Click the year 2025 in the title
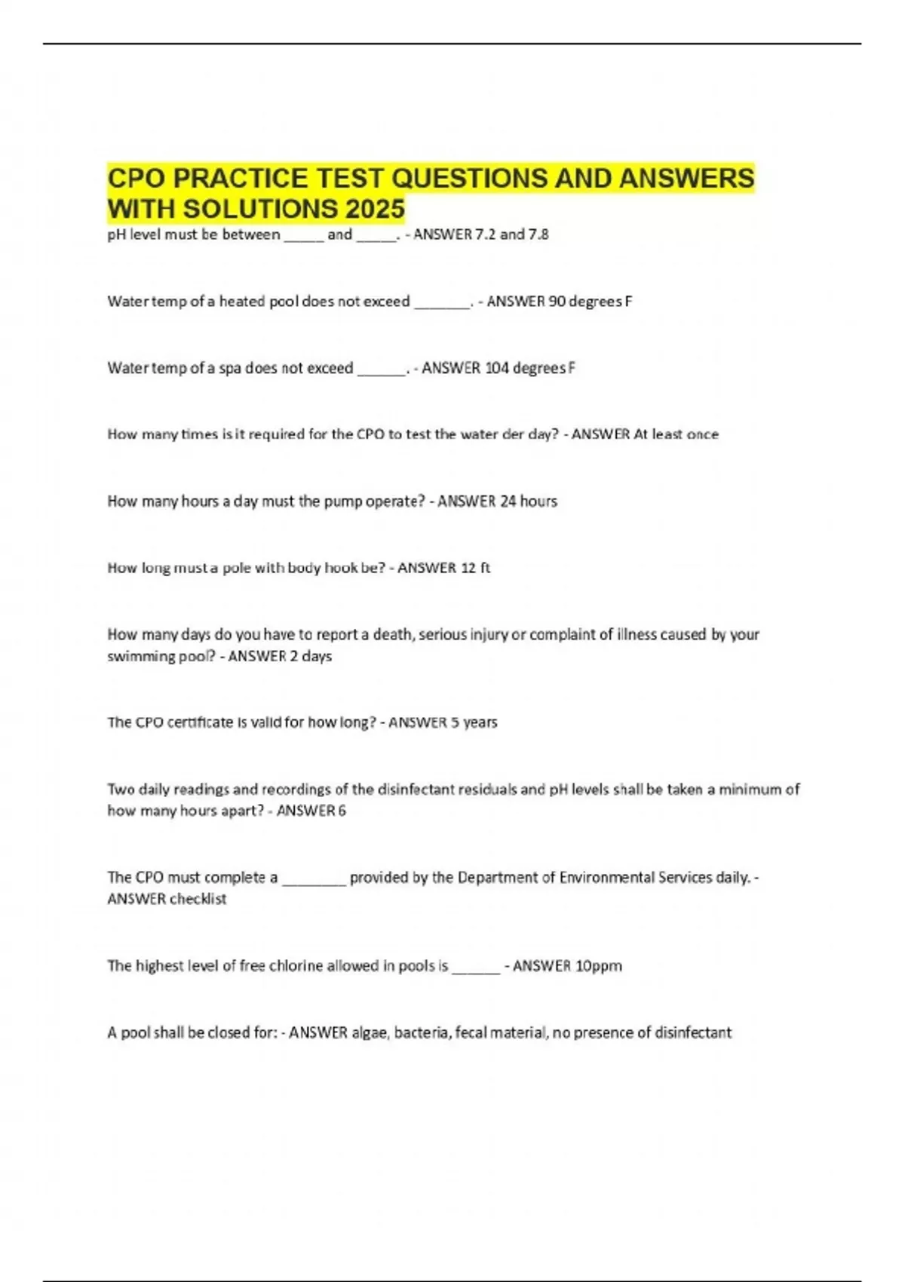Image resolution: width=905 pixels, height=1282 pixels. [375, 209]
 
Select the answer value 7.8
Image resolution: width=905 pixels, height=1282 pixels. [538, 235]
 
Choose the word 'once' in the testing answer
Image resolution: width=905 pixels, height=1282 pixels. [703, 434]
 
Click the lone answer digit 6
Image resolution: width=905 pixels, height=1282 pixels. [342, 811]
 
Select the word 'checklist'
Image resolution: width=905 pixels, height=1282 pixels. [198, 899]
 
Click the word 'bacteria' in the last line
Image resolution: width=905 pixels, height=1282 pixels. [422, 1033]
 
